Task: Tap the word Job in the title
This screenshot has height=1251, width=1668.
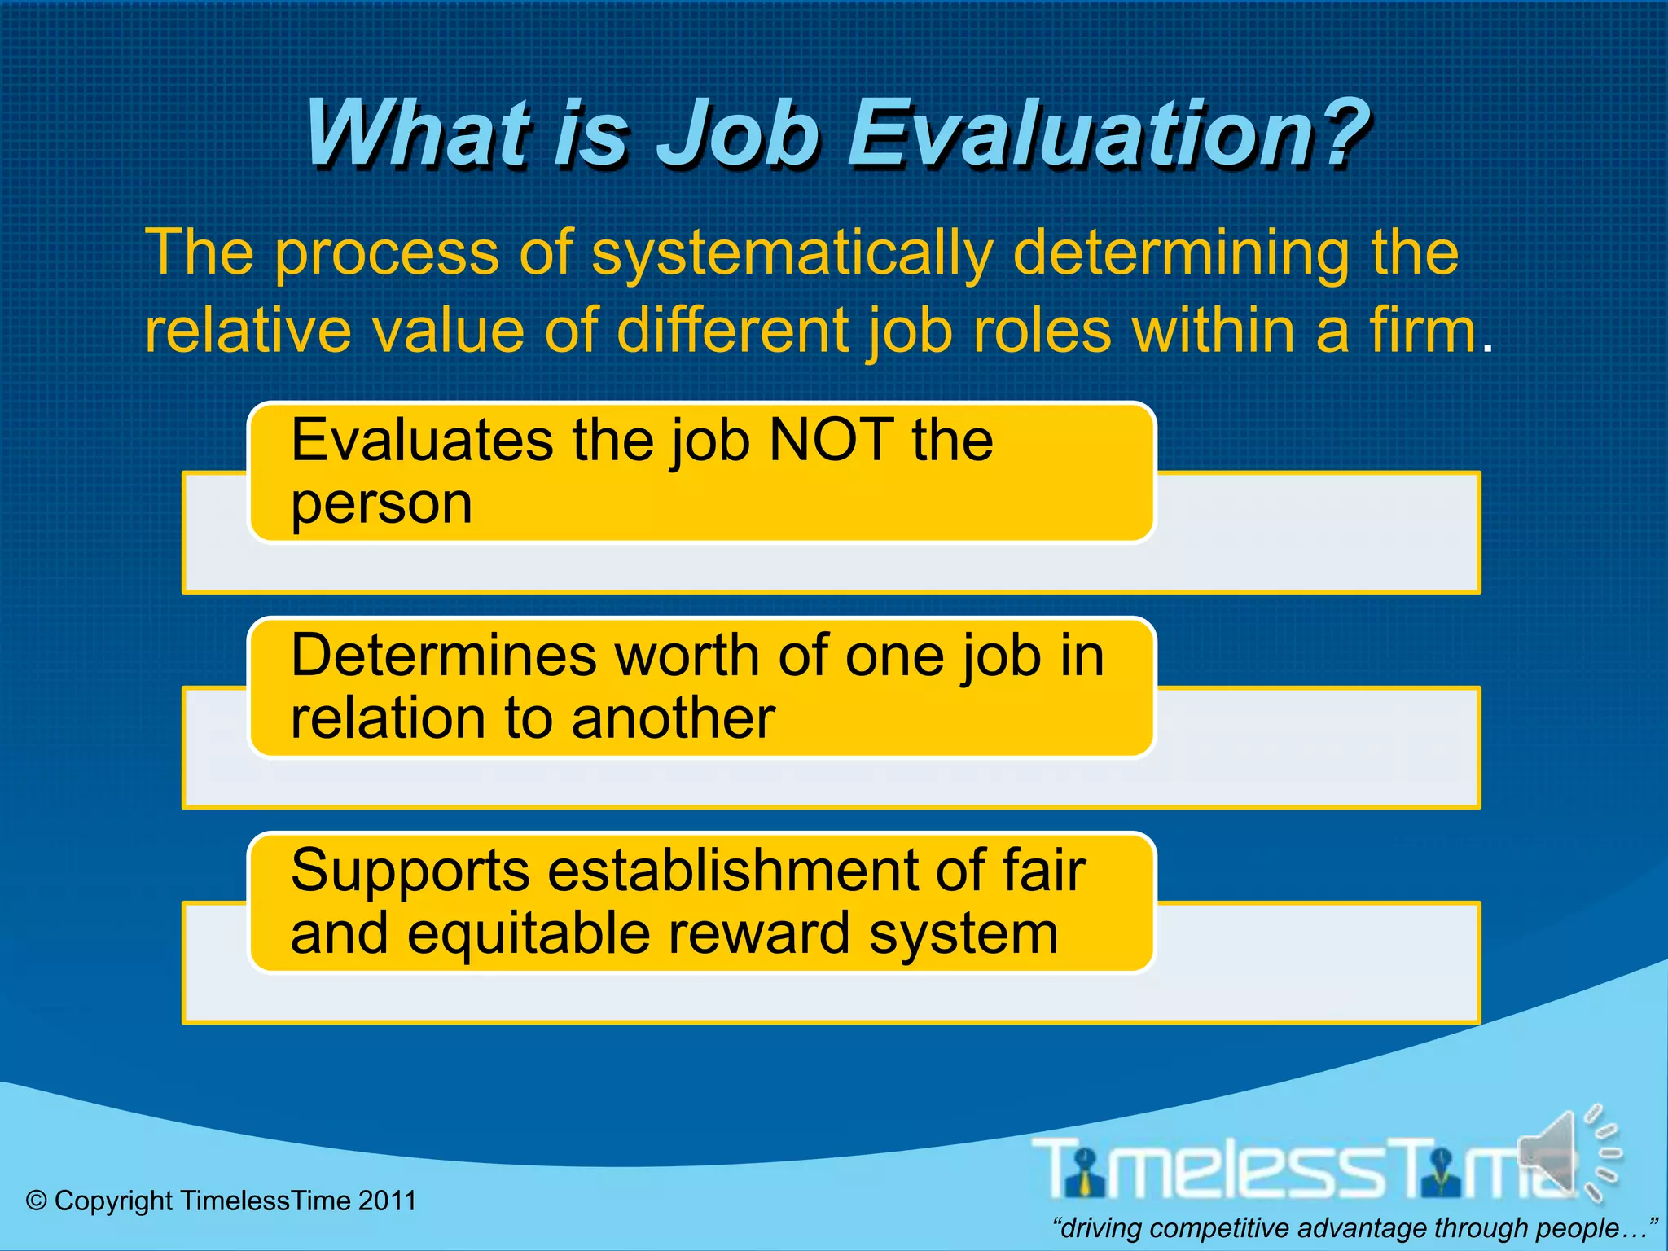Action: coord(738,133)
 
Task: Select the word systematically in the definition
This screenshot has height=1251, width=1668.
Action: coord(791,254)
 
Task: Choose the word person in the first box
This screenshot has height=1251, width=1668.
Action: coord(381,504)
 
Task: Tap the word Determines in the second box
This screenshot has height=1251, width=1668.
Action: coord(444,656)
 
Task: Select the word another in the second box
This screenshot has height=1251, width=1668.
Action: coord(673,719)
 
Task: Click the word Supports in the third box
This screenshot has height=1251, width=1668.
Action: coord(410,871)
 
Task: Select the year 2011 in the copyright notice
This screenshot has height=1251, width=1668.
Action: coord(387,1201)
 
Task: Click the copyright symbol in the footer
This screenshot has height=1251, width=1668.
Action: coord(37,1201)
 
